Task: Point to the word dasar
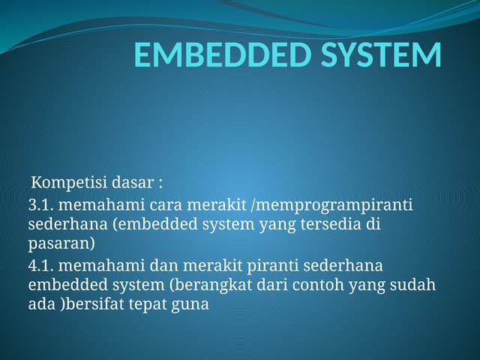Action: pos(130,183)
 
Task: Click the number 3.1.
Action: pos(41,205)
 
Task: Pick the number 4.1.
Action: pos(41,266)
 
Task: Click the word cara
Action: pos(165,205)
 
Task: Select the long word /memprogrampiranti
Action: pos(339,205)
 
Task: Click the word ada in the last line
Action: pos(40,305)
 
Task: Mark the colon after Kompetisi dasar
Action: pos(160,184)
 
